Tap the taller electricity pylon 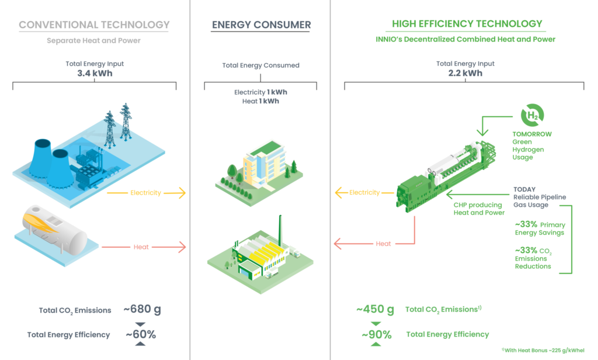pyautogui.click(x=109, y=127)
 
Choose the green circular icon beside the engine pyautogui.click(x=535, y=115)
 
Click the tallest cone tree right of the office pyautogui.click(x=293, y=166)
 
